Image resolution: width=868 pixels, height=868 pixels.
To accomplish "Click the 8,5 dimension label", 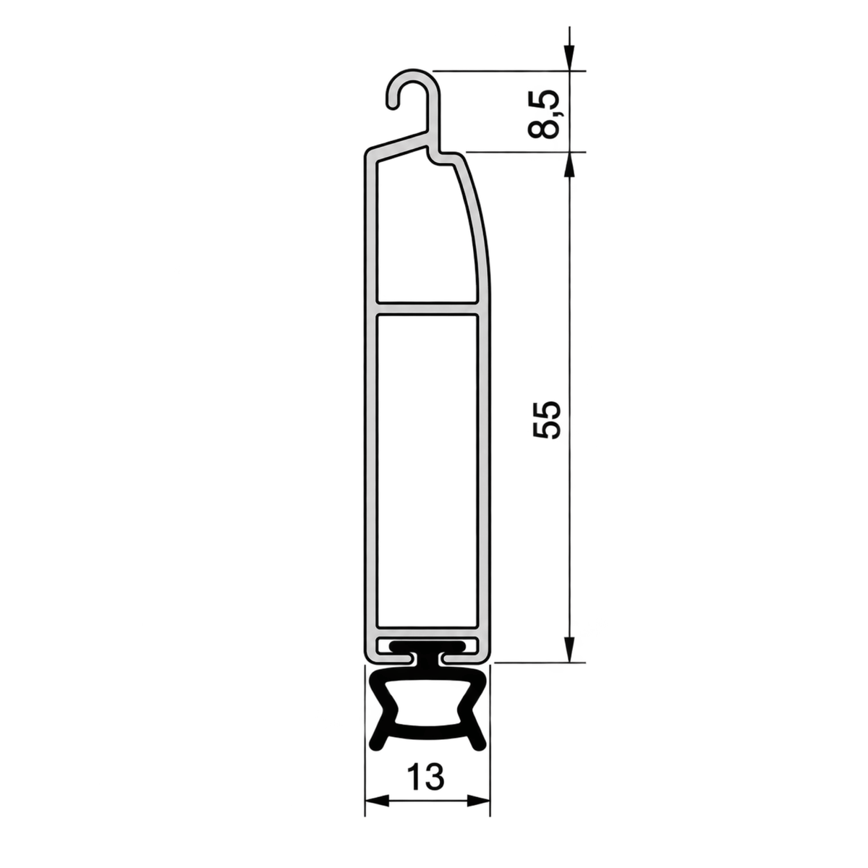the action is point(543,114).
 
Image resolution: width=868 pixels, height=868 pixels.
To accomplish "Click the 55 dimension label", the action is point(546,420).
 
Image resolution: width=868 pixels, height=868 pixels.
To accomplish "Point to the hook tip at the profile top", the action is point(393,103).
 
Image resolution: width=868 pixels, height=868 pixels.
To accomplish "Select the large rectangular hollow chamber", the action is point(427,470).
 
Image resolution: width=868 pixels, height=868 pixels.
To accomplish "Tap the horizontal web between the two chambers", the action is point(427,308).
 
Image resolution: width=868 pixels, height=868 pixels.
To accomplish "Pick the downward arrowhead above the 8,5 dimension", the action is point(570,58).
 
